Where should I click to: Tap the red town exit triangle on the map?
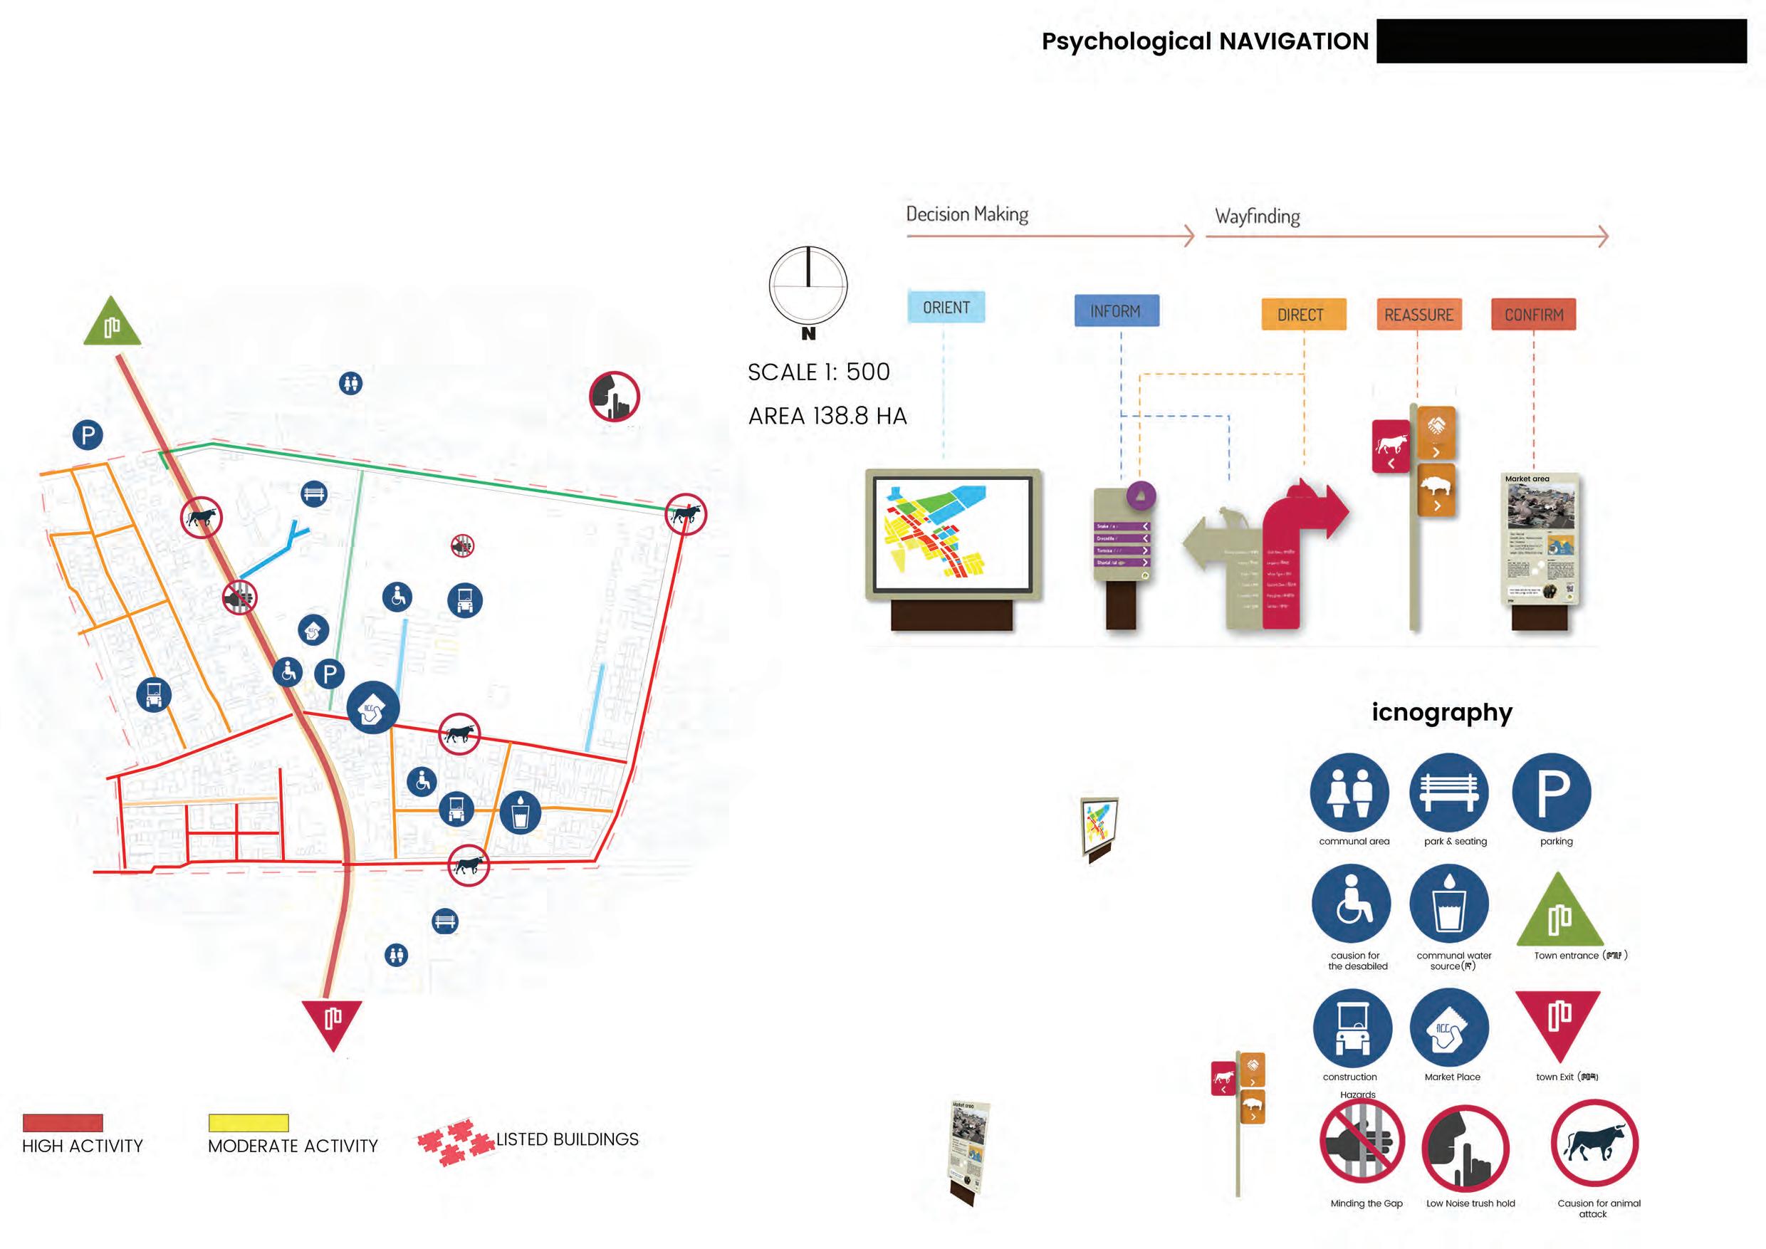(333, 1021)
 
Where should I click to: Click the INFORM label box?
(1116, 310)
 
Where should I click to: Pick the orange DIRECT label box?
(1303, 315)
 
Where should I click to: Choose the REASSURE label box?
(1418, 315)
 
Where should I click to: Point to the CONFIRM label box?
(1534, 315)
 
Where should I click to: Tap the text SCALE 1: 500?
(818, 372)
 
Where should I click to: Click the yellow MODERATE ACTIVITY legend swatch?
(249, 1123)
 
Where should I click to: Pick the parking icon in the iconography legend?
(1552, 792)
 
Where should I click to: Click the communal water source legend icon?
(1449, 904)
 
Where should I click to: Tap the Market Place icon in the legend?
(1449, 1028)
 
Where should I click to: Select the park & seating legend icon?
(1449, 792)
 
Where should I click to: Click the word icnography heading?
(1441, 713)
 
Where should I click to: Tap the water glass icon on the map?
(520, 813)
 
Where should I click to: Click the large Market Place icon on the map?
(373, 708)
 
